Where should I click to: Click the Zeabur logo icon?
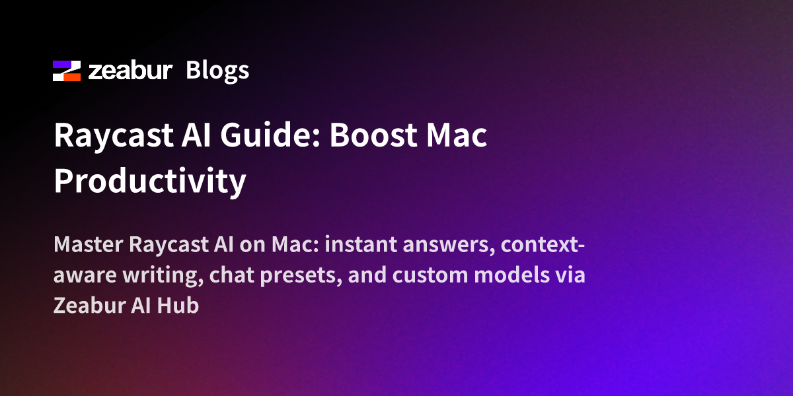(67, 71)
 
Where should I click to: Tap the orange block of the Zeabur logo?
(72, 77)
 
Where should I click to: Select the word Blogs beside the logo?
(217, 71)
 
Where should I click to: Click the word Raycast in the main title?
(113, 136)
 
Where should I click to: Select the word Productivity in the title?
(150, 181)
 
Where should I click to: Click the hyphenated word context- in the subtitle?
(543, 245)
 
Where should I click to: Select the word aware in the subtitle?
(85, 276)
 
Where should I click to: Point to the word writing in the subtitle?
(163, 276)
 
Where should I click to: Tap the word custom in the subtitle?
(430, 275)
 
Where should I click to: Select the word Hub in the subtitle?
(178, 305)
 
